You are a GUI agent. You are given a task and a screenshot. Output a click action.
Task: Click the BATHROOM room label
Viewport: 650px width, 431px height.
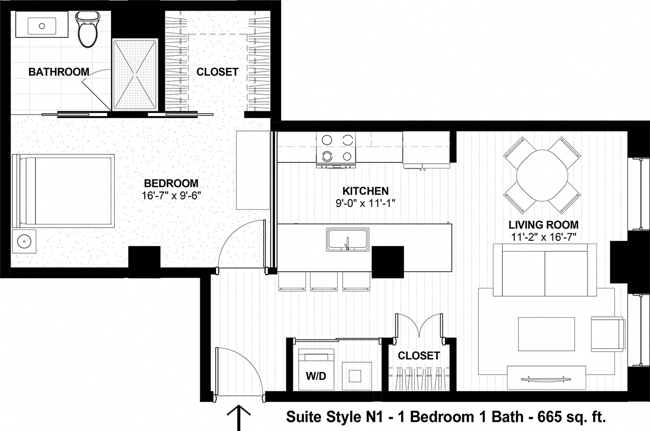point(59,72)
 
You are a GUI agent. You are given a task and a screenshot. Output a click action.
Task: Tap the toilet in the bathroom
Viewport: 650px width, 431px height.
point(87,30)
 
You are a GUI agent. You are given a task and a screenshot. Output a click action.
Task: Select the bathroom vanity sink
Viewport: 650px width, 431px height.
point(42,26)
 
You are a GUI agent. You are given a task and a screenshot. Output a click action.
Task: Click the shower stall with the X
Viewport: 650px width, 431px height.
point(135,74)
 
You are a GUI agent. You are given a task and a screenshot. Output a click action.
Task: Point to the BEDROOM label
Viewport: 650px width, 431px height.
point(171,183)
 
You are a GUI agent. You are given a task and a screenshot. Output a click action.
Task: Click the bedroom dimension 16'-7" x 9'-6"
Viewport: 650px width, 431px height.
point(171,195)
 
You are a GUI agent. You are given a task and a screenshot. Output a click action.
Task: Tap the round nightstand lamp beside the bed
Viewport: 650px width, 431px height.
point(24,241)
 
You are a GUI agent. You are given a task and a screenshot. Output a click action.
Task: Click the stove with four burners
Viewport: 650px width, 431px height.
point(336,148)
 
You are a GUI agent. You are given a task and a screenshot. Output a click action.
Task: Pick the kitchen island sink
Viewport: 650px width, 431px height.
point(347,239)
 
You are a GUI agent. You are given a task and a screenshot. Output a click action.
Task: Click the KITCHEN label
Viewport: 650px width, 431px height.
point(365,191)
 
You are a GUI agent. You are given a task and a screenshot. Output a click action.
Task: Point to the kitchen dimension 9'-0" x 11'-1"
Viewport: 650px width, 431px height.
point(365,203)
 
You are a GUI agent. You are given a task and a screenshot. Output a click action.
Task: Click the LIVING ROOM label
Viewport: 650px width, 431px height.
point(543,225)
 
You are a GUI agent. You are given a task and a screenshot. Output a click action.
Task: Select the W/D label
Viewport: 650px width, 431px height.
point(316,376)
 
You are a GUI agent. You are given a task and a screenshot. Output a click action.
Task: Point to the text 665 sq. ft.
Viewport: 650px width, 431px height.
point(572,417)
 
